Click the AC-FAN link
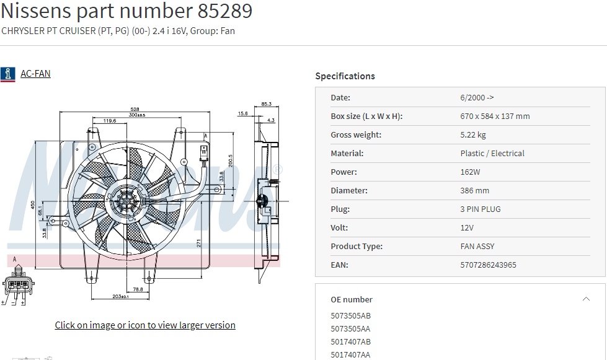35,74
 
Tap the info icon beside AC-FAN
7,74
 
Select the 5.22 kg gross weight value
473,134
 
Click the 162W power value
469,172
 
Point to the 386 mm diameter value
474,190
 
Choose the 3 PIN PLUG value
480,209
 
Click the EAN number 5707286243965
488,265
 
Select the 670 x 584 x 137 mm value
495,116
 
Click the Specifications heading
345,76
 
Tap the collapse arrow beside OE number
586,299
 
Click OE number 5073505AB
350,315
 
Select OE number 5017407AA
350,354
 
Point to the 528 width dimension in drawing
134,108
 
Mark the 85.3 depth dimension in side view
267,103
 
